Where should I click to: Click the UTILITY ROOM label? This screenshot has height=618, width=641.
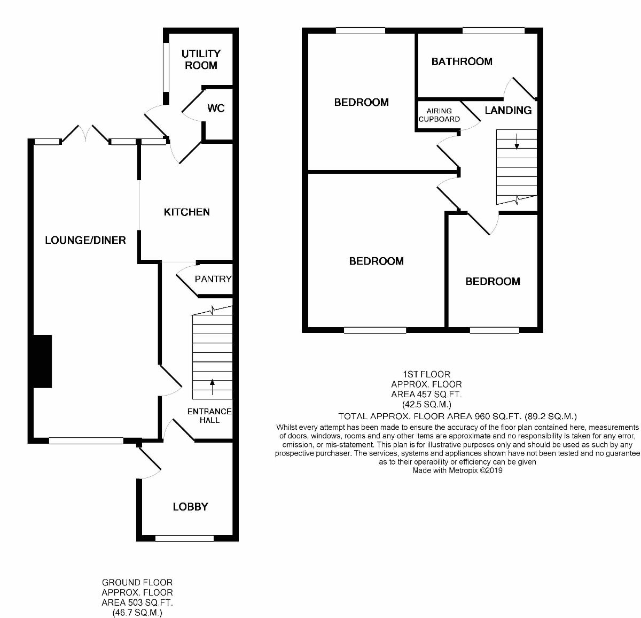click(200, 59)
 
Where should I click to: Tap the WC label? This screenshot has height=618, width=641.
click(216, 109)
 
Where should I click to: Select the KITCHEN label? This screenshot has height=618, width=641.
click(186, 212)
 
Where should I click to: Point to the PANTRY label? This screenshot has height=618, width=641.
click(213, 279)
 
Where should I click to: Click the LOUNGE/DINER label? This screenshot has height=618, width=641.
click(85, 240)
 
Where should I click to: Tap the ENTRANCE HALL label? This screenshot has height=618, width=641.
click(209, 416)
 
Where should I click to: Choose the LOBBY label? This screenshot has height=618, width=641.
click(190, 507)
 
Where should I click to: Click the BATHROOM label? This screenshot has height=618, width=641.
click(462, 61)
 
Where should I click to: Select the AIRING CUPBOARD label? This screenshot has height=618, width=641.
click(439, 115)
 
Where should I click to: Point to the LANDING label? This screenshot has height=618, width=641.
click(508, 110)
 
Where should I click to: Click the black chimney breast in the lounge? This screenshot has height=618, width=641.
click(42, 361)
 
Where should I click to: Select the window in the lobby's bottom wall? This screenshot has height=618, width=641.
click(184, 538)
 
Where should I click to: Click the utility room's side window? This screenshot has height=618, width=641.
click(166, 67)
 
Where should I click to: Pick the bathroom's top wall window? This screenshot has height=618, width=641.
click(493, 31)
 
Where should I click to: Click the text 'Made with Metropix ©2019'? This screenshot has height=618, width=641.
click(457, 471)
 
